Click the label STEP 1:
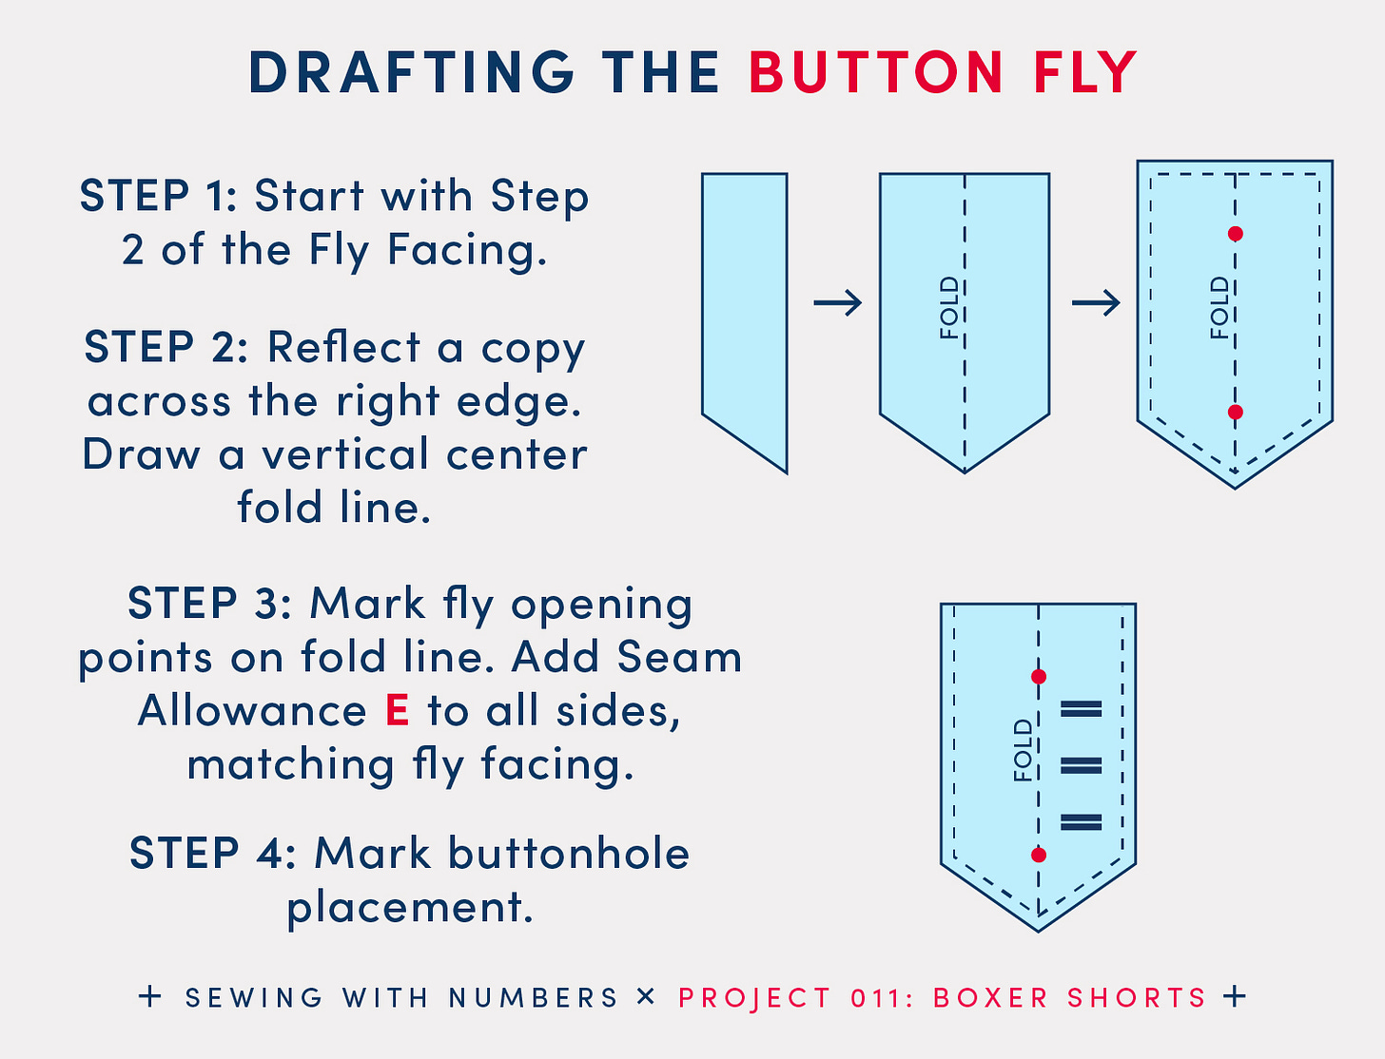pos(158,196)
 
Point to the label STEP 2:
pos(166,347)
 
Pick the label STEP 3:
pos(209,604)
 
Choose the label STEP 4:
pos(213,853)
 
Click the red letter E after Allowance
pos(397,710)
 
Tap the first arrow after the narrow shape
pos(837,303)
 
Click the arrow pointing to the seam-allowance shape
pos(1096,303)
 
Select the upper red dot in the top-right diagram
pos(1236,234)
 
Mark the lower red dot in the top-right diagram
pos(1236,413)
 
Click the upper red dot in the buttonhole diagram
pos(1039,677)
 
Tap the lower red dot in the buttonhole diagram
pos(1039,855)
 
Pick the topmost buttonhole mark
pos(1081,709)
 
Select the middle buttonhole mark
pos(1081,766)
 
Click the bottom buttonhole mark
pos(1081,822)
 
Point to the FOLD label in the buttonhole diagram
pos(1023,751)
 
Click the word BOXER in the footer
pos(990,998)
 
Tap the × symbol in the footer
pos(646,996)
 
